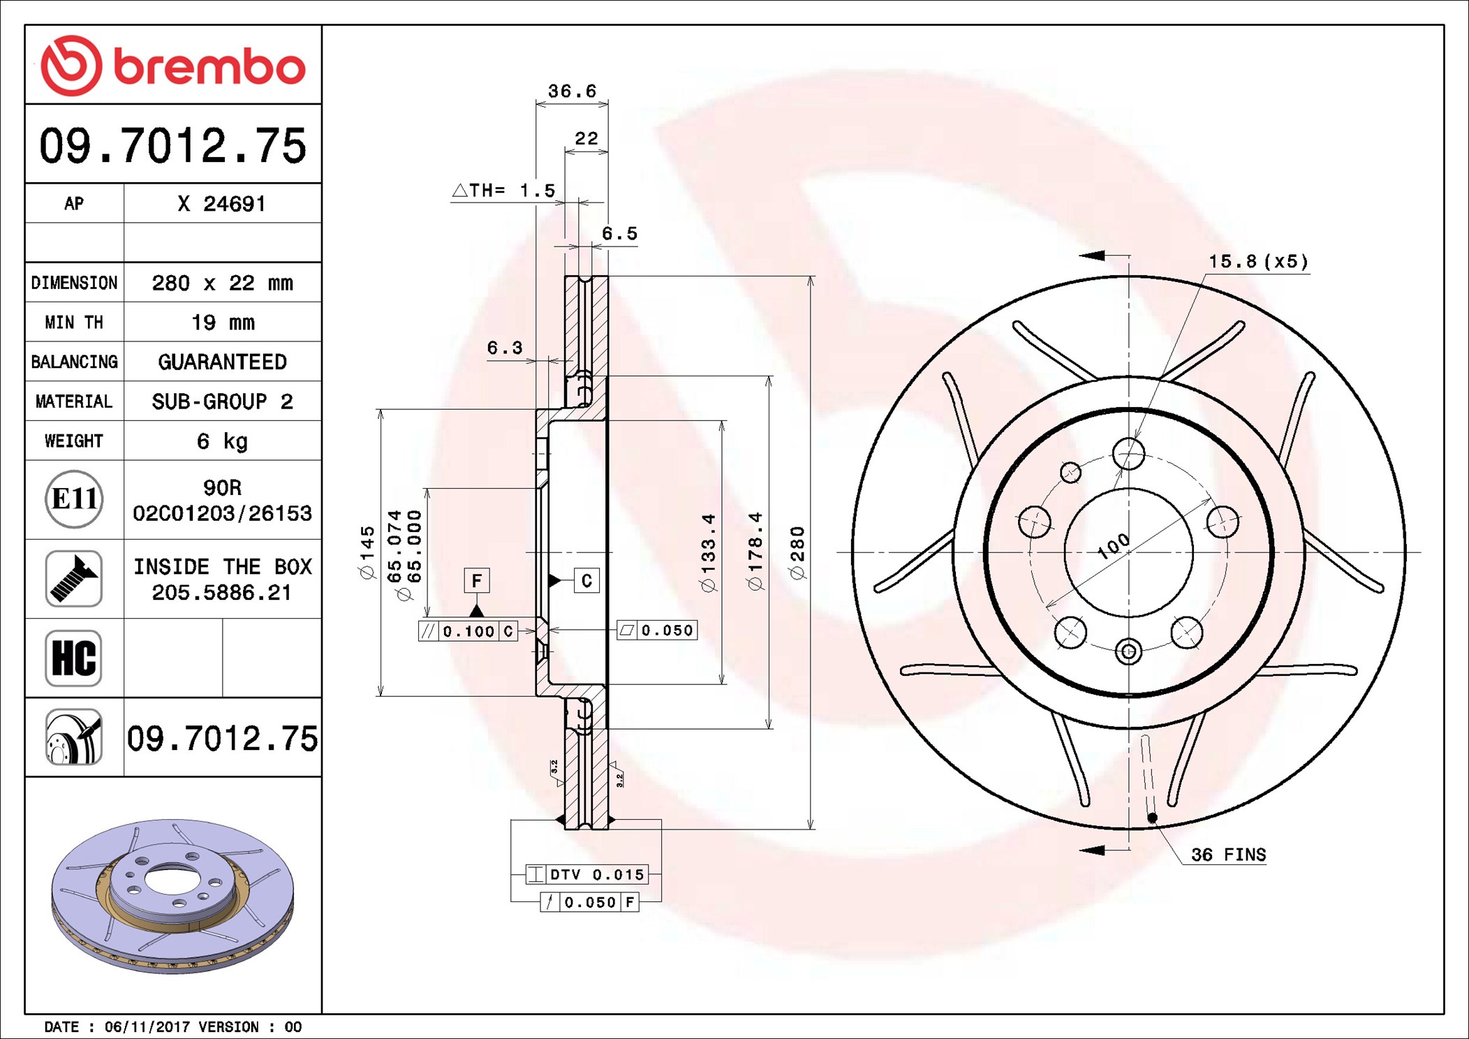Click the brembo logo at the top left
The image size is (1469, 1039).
coord(173,66)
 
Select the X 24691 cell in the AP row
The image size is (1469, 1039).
coord(222,204)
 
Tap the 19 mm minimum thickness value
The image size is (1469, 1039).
coord(223,323)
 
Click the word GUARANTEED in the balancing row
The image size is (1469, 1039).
coord(222,362)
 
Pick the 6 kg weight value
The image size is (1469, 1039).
coord(222,441)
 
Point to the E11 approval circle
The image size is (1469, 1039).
coord(74,499)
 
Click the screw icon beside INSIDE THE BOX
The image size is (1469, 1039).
coord(74,578)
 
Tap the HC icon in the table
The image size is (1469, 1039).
coord(74,658)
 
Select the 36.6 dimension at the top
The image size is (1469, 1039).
coord(572,91)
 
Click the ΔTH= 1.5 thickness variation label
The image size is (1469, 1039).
coord(503,191)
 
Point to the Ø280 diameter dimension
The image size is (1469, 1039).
coord(797,553)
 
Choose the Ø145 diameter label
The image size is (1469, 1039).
coord(367,553)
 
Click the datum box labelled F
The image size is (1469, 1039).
coord(477,580)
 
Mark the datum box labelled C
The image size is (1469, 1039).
coord(586,580)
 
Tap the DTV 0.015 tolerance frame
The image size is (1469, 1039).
coord(587,874)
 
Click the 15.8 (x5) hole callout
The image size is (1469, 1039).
coord(1259,262)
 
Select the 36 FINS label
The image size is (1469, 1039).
coord(1228,855)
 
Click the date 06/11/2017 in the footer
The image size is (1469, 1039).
coord(147,1027)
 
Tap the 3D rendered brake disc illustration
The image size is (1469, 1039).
coord(173,897)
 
